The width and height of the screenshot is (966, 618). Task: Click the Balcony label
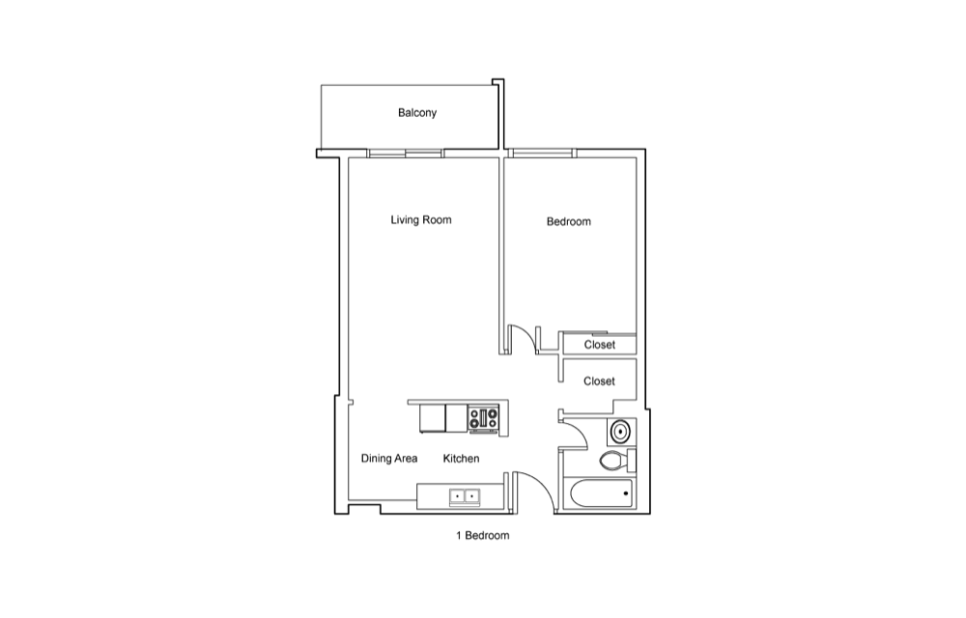coord(417,113)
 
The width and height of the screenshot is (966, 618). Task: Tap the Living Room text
coord(421,220)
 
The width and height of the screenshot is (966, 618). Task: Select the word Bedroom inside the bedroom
coord(569,221)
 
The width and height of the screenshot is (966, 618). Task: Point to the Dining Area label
coord(388,459)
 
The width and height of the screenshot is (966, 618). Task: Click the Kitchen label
coord(461,459)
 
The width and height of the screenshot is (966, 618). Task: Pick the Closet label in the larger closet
coord(599,381)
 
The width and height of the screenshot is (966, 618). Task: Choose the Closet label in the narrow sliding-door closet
coord(600,345)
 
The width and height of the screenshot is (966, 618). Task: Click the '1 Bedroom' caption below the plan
coord(482,536)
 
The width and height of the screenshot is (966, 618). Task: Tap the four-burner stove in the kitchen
coord(484,418)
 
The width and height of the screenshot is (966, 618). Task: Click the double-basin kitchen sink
coord(465,496)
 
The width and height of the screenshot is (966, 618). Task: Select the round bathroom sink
coord(619,432)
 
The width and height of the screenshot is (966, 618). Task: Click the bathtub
coord(603,494)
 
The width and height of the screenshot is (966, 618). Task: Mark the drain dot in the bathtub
coord(626,493)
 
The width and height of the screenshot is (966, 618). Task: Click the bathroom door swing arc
coord(579,431)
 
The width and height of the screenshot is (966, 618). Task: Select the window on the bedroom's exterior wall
coord(543,154)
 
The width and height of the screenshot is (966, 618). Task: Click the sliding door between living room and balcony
coord(406,154)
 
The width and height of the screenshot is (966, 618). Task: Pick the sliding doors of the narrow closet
coord(600,333)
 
